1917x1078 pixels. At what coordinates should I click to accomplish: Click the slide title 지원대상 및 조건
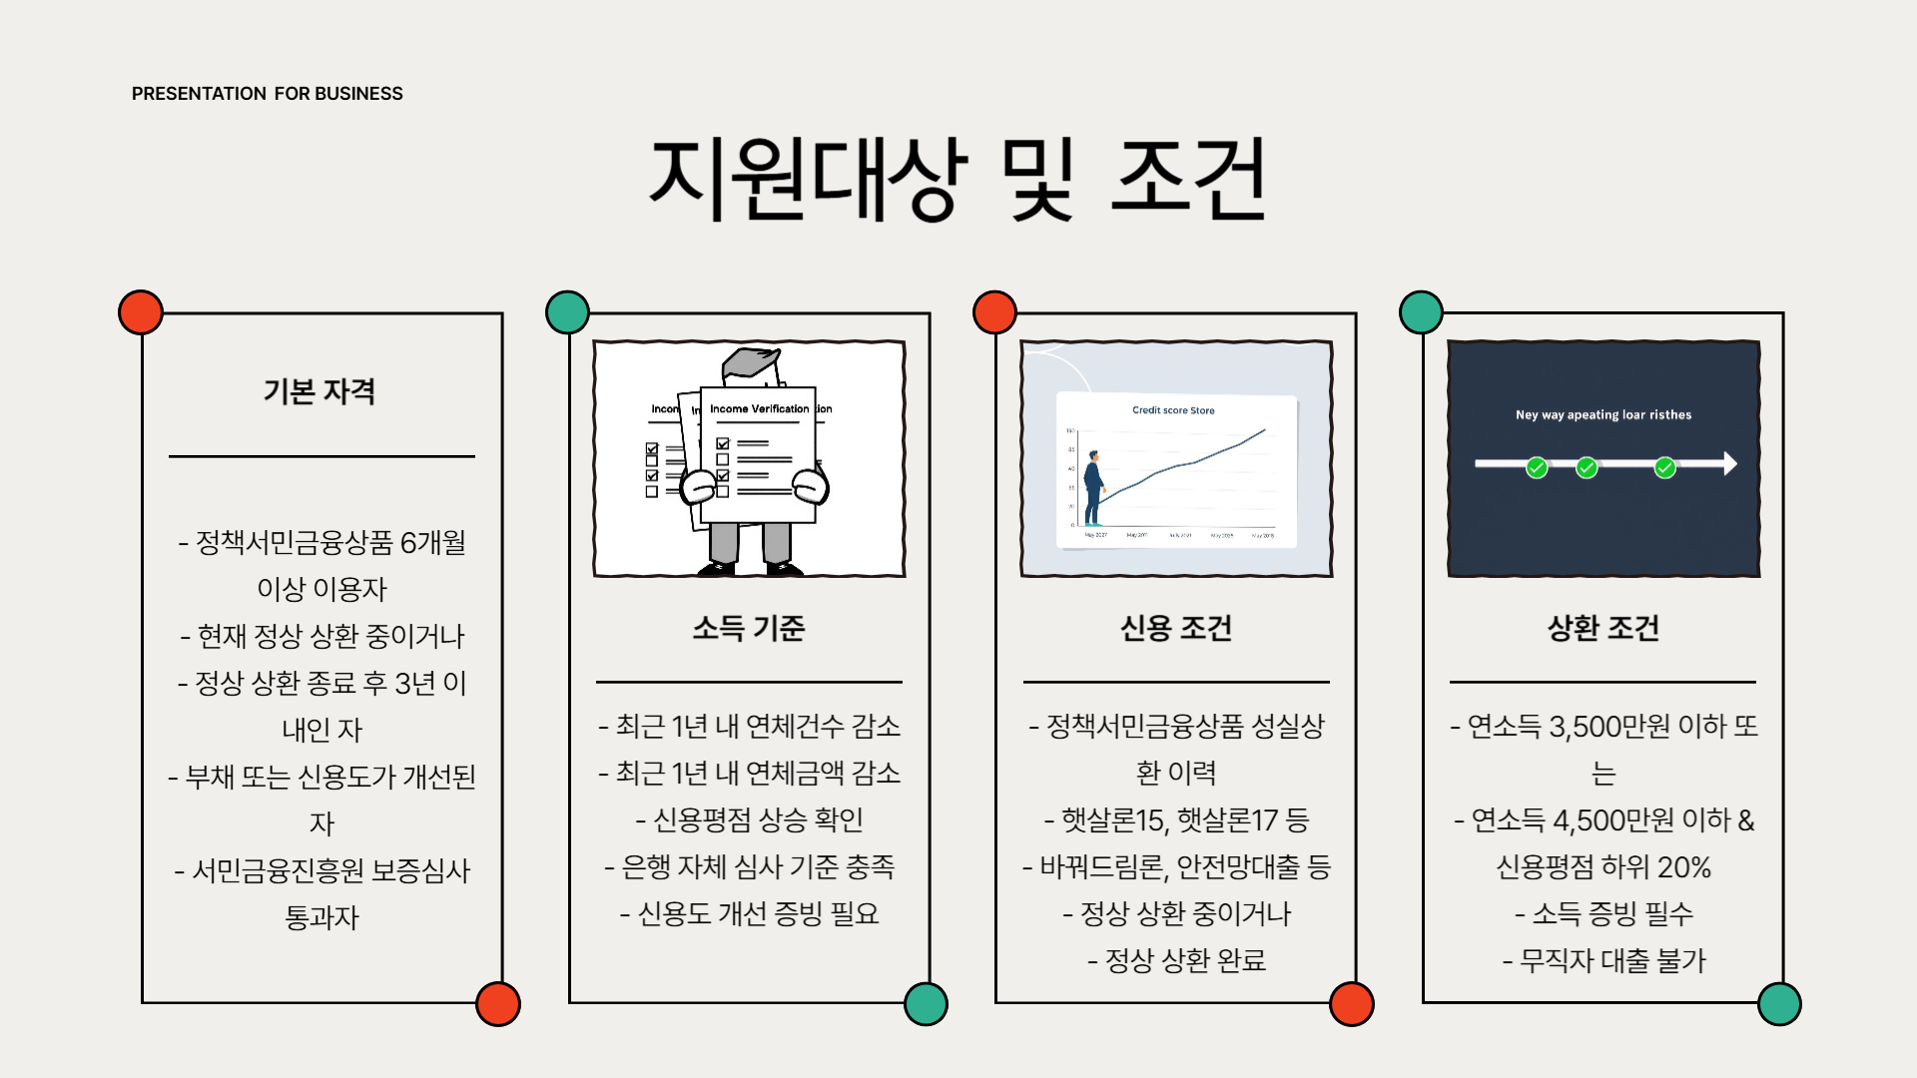point(958,180)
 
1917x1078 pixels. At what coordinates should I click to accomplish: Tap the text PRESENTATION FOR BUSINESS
point(267,94)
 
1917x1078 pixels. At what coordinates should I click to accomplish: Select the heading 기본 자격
point(319,391)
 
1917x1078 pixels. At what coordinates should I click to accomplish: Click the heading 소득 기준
point(749,628)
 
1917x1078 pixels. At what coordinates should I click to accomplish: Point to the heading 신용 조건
point(1176,628)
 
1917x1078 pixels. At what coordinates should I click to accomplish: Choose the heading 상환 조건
point(1603,628)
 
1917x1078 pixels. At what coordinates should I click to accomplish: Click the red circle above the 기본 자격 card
point(141,312)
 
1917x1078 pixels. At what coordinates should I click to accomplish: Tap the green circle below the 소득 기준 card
point(926,1004)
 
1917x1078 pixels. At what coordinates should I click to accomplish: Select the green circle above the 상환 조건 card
point(1421,312)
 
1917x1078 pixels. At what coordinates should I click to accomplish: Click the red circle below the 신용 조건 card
point(1352,1004)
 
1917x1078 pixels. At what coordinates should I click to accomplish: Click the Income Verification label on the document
point(759,409)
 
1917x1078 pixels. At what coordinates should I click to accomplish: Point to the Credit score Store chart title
point(1173,410)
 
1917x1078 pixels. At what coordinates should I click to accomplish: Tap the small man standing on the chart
point(1094,488)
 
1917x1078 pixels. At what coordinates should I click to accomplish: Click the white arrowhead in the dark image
point(1729,463)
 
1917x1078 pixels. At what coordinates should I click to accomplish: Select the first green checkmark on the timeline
point(1537,467)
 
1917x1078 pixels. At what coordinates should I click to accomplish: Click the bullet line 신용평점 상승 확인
point(750,819)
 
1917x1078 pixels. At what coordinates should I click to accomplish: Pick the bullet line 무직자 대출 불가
point(1604,960)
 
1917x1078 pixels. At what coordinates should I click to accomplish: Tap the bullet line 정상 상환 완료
point(1177,960)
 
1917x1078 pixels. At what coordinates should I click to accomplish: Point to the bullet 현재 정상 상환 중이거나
point(322,636)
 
